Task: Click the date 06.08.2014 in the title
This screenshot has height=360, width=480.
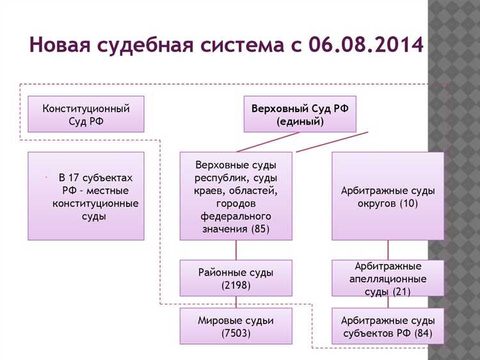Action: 365,45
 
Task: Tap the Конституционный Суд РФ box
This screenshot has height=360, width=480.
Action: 86,114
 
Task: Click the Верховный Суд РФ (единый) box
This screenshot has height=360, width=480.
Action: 300,114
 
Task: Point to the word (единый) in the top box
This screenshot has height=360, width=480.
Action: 300,121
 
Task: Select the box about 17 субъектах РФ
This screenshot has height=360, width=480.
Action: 86,196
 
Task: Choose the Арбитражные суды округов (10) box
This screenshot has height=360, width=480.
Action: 388,196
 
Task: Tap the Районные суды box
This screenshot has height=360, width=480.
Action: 236,278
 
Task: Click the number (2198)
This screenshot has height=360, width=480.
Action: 236,284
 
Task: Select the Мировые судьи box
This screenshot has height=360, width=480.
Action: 236,326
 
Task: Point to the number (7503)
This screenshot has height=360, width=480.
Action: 236,333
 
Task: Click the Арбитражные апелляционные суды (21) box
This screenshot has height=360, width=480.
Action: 388,278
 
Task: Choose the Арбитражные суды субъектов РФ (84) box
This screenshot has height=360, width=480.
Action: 388,326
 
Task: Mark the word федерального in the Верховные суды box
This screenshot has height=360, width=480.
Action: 236,216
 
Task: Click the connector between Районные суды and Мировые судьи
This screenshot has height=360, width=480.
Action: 236,302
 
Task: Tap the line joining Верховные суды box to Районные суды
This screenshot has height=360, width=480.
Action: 236,250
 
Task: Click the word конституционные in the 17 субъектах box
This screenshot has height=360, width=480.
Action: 95,203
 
